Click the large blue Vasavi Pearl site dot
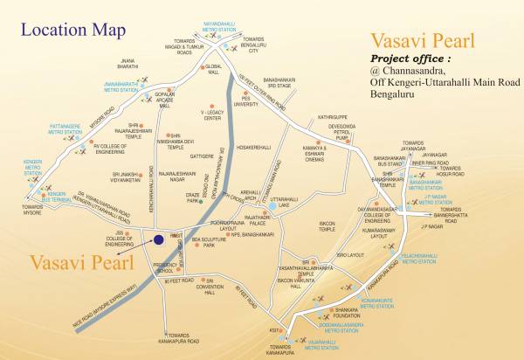[x=159, y=240]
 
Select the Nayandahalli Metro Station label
[x=219, y=6]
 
